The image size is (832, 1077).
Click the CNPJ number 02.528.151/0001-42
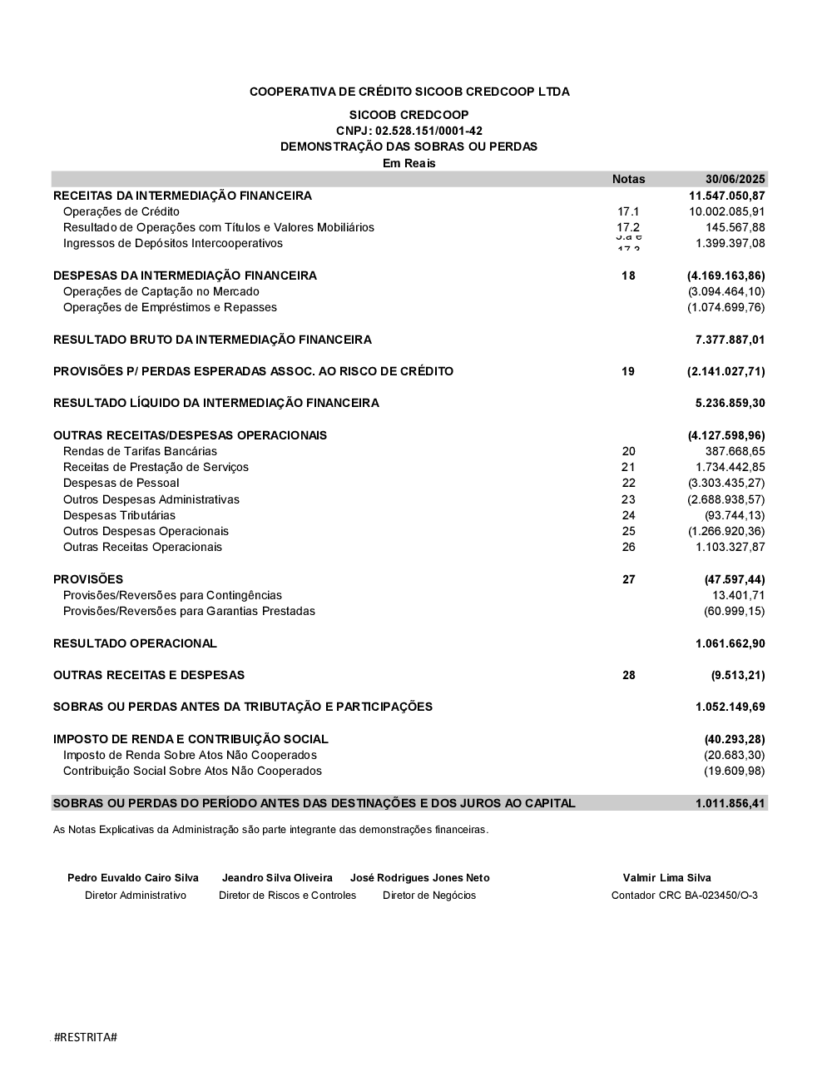coord(428,131)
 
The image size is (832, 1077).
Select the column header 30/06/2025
coord(735,179)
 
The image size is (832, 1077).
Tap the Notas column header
coord(628,179)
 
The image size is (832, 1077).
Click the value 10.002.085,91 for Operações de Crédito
coord(726,211)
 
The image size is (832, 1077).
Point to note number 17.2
coord(628,227)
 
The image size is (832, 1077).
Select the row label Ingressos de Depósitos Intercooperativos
coord(173,243)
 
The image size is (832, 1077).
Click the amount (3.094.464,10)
coord(726,291)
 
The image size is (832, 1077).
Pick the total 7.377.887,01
coord(730,340)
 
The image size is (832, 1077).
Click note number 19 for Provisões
coord(628,371)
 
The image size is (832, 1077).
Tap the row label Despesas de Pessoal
coord(121,483)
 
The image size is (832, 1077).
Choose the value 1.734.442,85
coord(730,467)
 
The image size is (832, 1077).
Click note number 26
coord(628,547)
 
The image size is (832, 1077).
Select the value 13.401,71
coord(738,595)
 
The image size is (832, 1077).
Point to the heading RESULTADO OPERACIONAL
coord(135,643)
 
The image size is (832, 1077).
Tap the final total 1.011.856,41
coord(730,803)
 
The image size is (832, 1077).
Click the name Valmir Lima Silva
coord(666,877)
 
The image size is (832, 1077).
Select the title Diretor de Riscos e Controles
coord(287,896)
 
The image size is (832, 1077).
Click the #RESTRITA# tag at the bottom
coord(85,1037)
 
